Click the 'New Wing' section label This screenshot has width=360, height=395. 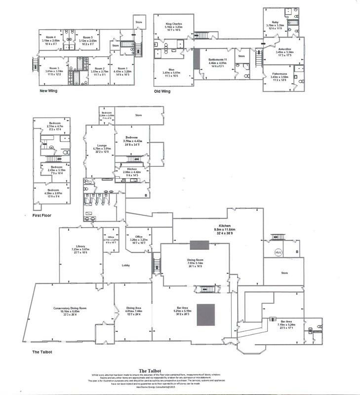click(49, 91)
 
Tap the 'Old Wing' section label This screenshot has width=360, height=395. click(163, 91)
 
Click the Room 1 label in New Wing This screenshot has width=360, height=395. click(122, 69)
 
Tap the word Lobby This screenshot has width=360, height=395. click(125, 266)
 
